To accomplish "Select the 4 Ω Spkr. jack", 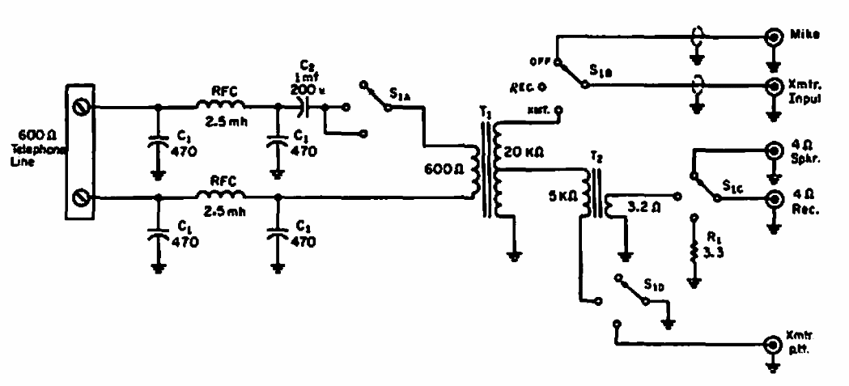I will (775, 152).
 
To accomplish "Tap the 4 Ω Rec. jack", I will (775, 199).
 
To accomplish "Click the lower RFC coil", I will (222, 197).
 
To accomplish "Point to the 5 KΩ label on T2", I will (562, 195).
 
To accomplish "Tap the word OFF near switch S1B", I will (540, 61).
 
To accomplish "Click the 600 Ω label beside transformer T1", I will (440, 171).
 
